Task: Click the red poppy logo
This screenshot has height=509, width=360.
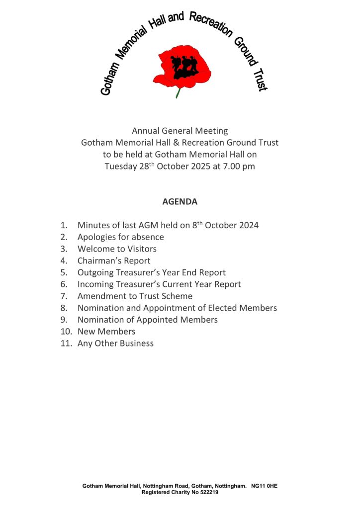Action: point(181,67)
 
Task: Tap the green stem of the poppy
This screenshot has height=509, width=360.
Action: point(178,92)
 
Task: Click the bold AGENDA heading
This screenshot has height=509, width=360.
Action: point(180,202)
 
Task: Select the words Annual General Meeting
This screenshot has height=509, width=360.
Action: point(180,131)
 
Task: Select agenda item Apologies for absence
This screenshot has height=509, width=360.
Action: point(120,237)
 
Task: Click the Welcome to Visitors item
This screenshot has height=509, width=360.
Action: point(117,249)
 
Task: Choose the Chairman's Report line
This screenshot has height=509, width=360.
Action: point(114,260)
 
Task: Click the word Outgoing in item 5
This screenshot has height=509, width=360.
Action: point(96,272)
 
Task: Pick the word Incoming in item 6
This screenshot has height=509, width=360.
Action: point(95,284)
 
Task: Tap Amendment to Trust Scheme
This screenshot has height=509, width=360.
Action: point(135,296)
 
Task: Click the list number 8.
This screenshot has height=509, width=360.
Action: point(64,308)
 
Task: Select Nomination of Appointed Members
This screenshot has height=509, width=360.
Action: point(147,320)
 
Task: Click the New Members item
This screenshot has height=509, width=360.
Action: point(106,332)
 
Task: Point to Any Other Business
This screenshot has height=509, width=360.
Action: point(115,343)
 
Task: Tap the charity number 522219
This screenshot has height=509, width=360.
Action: point(206,492)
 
